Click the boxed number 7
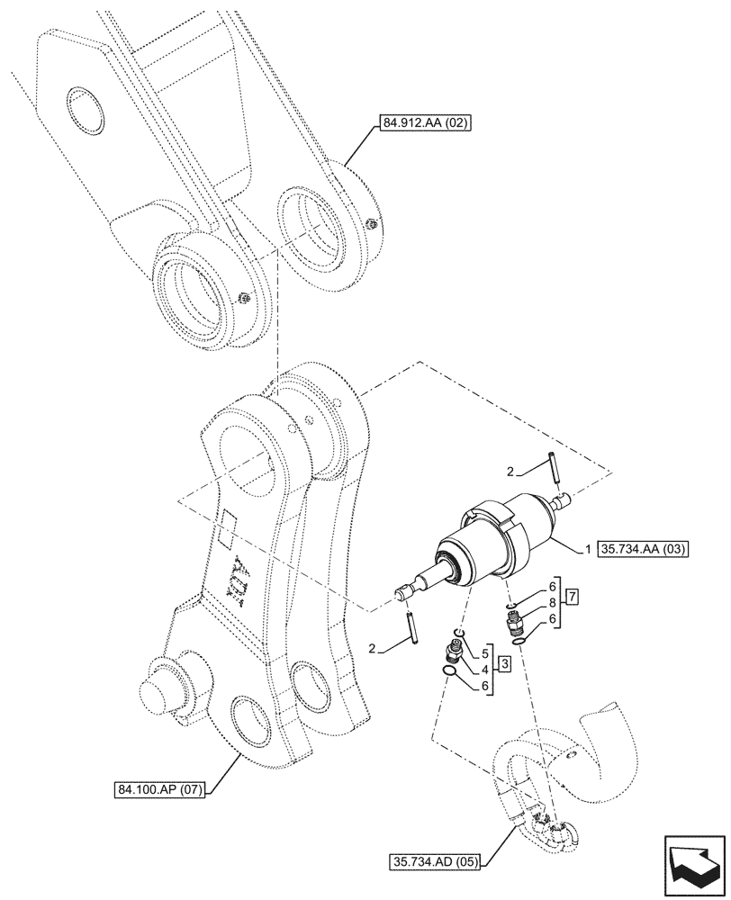pyautogui.click(x=572, y=596)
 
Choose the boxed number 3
pyautogui.click(x=505, y=665)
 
